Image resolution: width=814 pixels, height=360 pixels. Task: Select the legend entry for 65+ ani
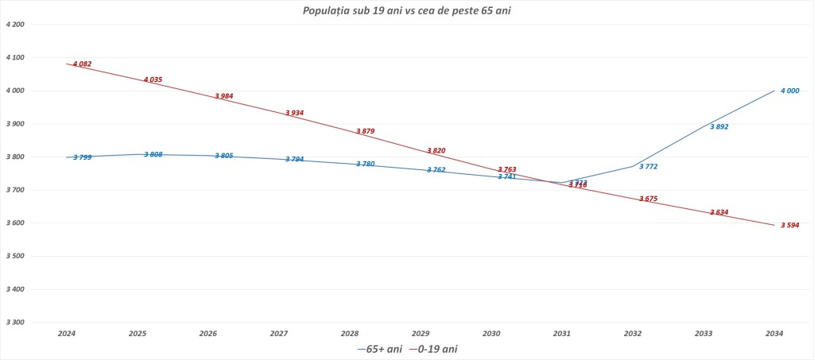point(380,349)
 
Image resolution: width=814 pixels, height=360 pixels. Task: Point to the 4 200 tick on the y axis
point(15,25)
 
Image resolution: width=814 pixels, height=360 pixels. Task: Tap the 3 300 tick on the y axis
point(15,322)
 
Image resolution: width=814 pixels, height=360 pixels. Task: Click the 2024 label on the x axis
point(67,335)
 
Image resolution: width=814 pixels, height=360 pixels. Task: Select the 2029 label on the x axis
point(421,335)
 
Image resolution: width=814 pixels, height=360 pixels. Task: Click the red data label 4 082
point(82,64)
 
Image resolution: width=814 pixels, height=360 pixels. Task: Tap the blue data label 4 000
point(789,91)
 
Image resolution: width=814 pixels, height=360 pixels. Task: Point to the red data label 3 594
point(789,225)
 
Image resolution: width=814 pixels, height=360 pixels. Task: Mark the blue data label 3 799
point(82,157)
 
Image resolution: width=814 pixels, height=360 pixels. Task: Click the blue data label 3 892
point(719,126)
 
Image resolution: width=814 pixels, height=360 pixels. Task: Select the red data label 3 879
point(365,131)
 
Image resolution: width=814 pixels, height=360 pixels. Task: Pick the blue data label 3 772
point(648,166)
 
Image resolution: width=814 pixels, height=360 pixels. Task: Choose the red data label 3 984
point(223,96)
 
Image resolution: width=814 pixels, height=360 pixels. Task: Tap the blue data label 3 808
point(153,154)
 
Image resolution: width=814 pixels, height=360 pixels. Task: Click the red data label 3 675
point(648,199)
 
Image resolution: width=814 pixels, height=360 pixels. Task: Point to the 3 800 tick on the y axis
point(15,157)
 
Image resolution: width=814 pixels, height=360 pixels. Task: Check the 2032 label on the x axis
point(634,335)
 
